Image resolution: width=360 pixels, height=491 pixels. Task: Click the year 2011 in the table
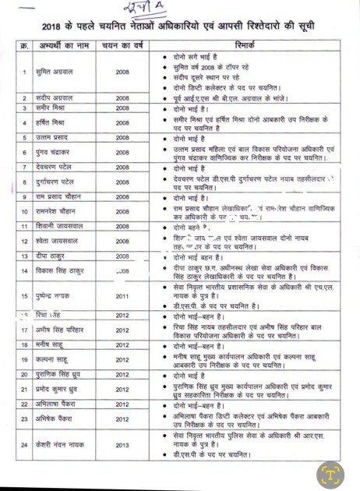(x=122, y=296)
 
